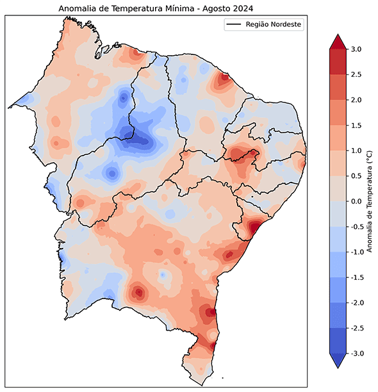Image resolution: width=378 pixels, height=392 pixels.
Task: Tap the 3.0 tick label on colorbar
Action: point(356,49)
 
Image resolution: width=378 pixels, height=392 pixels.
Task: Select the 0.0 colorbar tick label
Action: point(356,201)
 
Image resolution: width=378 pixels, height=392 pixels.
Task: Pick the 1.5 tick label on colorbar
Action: point(356,126)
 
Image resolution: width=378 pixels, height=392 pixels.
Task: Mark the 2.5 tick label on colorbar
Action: point(356,75)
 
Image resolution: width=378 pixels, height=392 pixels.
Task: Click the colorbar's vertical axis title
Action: point(370,201)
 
